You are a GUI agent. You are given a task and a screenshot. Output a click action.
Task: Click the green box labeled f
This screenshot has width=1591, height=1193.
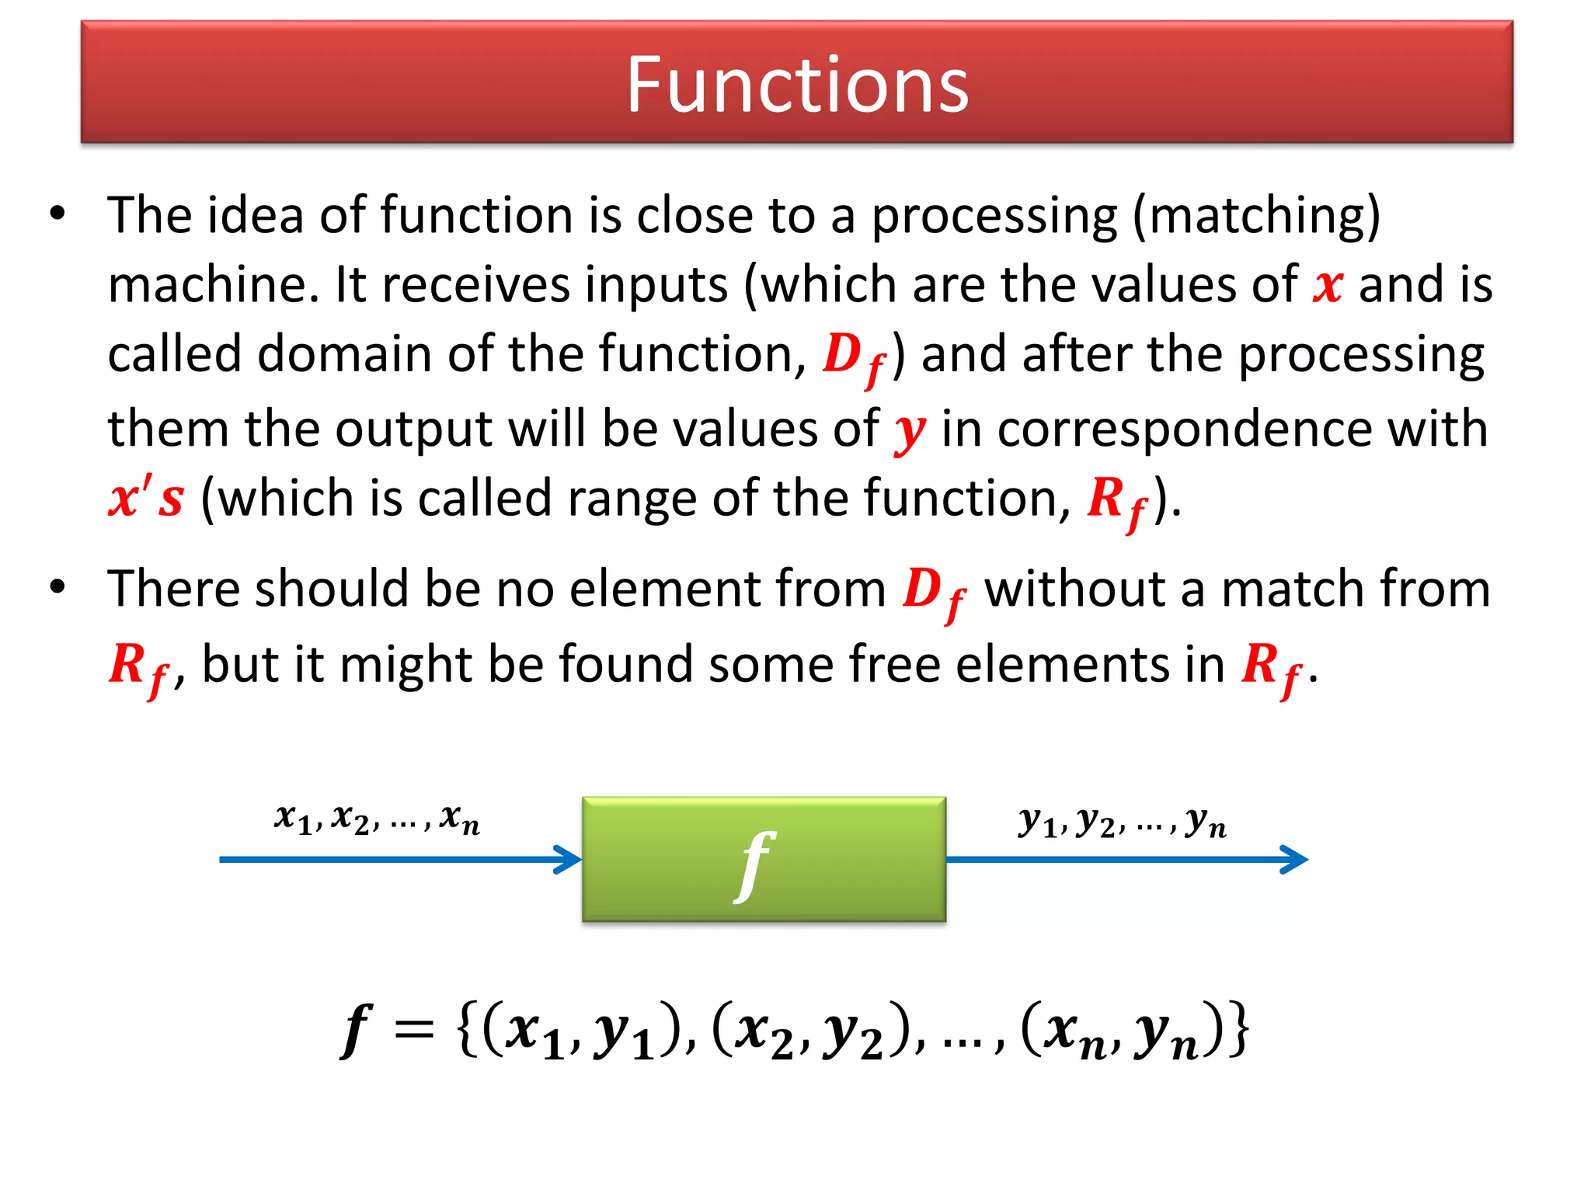click(x=764, y=859)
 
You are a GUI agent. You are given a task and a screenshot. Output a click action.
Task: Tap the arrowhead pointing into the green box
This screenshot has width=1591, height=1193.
click(x=569, y=859)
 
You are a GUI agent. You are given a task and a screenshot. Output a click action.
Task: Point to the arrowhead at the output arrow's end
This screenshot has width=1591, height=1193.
click(x=1295, y=859)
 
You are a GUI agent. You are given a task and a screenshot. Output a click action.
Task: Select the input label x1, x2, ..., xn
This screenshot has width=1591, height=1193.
click(x=377, y=819)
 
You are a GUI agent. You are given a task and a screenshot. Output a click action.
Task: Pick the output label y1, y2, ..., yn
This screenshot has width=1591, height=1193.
click(x=1123, y=822)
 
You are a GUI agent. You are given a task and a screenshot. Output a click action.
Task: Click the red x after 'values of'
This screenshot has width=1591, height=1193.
click(x=1328, y=285)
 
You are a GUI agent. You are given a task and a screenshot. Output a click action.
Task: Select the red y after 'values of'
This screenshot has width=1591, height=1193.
click(x=910, y=431)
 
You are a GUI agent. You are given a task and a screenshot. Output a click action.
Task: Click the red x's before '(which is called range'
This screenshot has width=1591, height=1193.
click(x=146, y=498)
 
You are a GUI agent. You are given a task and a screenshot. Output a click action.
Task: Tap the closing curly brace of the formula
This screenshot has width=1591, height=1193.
click(x=1236, y=1030)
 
